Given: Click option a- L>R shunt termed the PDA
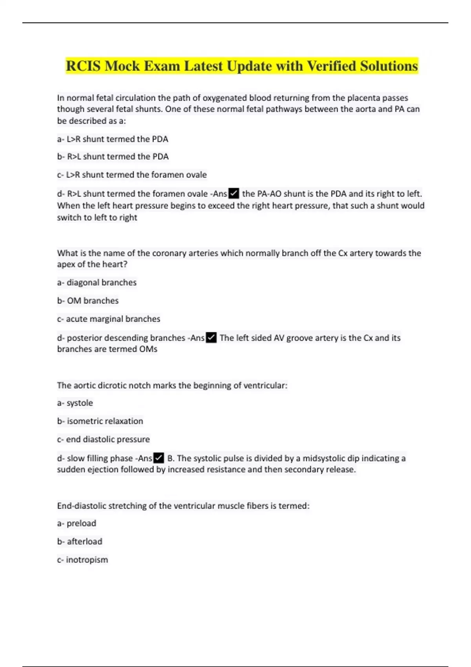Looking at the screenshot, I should click(x=113, y=139).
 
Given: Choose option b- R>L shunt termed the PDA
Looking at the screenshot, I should click(x=113, y=157).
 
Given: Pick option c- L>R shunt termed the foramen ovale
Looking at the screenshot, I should click(x=132, y=175).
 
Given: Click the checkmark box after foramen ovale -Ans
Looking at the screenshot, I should click(x=234, y=193).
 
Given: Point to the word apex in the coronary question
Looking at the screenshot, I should click(x=66, y=264).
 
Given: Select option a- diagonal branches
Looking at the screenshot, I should click(x=97, y=282).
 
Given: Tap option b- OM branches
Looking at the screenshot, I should click(x=88, y=301).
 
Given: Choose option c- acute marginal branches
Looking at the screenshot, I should click(x=109, y=319).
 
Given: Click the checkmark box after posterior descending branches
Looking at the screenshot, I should click(x=211, y=338).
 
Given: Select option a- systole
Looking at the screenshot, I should click(x=75, y=403).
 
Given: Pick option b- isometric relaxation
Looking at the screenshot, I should click(x=100, y=421).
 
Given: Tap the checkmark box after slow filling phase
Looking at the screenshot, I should click(x=159, y=458).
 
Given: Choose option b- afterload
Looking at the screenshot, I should click(x=80, y=541).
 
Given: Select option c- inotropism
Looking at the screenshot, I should click(x=82, y=559).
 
